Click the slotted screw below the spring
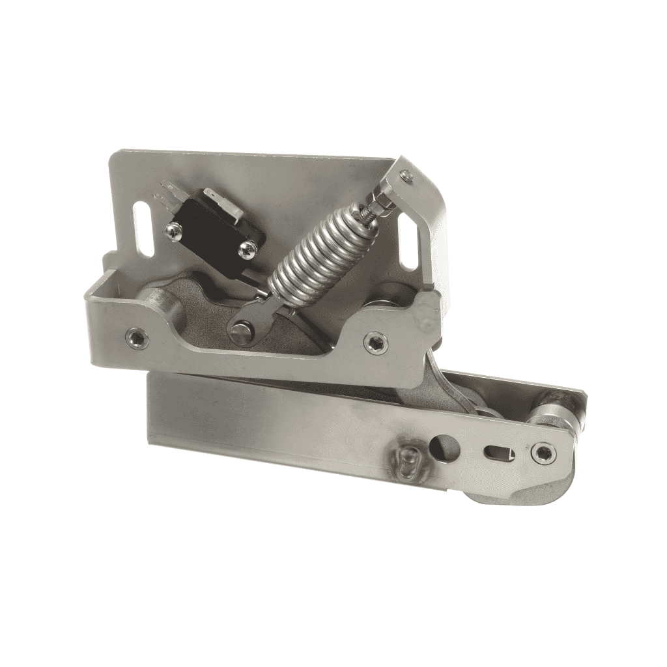tap(238, 332)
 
